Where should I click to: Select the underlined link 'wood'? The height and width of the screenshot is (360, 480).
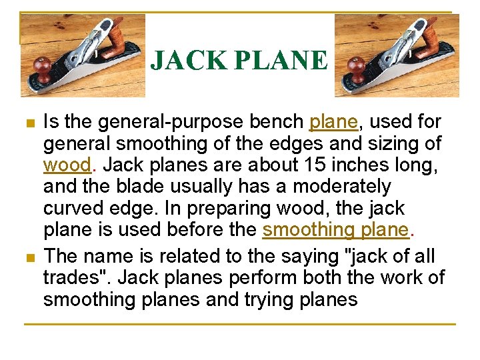tap(66, 164)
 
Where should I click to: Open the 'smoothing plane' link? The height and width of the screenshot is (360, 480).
tap(335, 229)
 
